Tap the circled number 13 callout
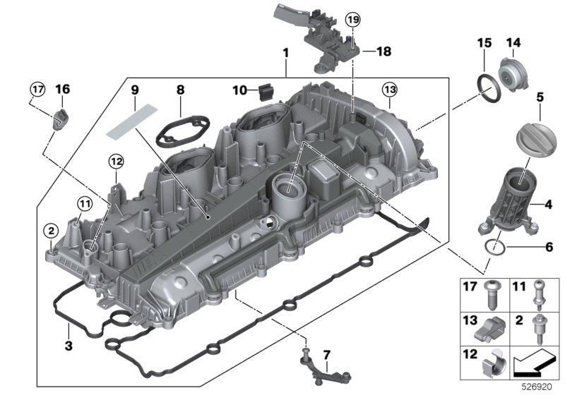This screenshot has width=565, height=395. [x=390, y=90]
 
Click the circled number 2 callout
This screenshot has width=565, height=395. [x=51, y=230]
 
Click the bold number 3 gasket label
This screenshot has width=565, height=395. [x=68, y=346]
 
